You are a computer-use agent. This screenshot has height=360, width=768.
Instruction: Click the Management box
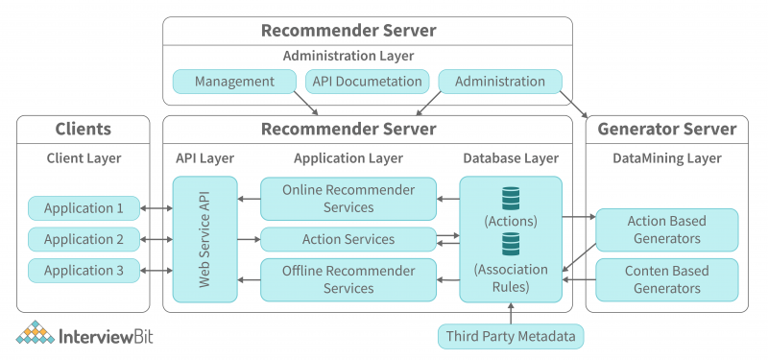click(x=235, y=82)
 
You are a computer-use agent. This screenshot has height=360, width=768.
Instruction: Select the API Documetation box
click(x=367, y=82)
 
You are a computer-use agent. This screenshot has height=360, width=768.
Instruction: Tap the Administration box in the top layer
click(x=500, y=82)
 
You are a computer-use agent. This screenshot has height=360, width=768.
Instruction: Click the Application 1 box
click(x=84, y=207)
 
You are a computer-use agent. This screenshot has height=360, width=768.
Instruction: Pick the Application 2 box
click(x=84, y=239)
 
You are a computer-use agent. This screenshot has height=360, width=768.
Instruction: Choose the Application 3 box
click(x=84, y=271)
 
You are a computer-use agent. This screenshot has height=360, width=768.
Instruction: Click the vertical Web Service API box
click(x=204, y=239)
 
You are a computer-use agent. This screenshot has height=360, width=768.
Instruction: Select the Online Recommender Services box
click(x=348, y=199)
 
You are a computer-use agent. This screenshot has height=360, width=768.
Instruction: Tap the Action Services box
click(x=348, y=239)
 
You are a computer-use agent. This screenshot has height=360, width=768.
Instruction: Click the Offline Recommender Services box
click(x=348, y=279)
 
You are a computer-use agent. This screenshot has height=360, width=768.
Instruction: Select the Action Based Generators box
click(x=666, y=230)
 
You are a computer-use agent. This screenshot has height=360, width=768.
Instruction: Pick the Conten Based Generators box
click(x=666, y=279)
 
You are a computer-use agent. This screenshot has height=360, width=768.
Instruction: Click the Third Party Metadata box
click(x=510, y=336)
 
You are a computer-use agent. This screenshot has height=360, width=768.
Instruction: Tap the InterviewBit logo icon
click(x=36, y=335)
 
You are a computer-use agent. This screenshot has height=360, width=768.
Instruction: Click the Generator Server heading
click(x=666, y=129)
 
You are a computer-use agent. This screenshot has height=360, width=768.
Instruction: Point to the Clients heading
click(x=84, y=129)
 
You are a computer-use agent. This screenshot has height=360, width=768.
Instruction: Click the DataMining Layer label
click(x=666, y=157)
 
